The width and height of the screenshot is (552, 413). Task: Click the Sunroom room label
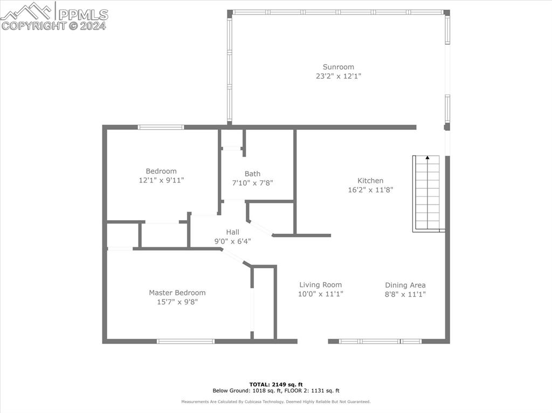tap(338, 67)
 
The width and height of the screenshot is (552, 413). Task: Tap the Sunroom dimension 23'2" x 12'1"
tap(338, 76)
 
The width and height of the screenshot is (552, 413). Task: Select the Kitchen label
tap(370, 181)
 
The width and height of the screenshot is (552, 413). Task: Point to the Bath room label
tap(252, 173)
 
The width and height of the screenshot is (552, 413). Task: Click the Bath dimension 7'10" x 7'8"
tap(252, 183)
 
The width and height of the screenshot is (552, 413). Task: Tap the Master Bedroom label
tap(177, 293)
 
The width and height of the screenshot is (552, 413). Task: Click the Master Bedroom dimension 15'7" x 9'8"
tap(177, 302)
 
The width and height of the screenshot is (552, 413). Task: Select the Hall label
tap(232, 232)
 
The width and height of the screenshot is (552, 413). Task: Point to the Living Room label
tap(320, 285)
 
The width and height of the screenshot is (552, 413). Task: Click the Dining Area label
tap(405, 285)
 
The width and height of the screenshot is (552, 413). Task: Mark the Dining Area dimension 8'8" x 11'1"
tap(405, 294)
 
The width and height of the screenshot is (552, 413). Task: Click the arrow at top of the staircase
tap(427, 158)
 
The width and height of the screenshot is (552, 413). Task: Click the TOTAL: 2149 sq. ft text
tap(275, 384)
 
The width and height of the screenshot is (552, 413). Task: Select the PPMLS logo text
tap(83, 15)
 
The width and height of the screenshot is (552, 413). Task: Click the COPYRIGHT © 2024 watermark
tap(53, 25)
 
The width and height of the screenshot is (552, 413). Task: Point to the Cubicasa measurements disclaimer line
tap(275, 402)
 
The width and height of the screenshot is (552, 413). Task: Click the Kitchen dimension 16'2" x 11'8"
tap(370, 190)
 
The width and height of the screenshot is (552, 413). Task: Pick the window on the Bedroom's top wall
tap(161, 127)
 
